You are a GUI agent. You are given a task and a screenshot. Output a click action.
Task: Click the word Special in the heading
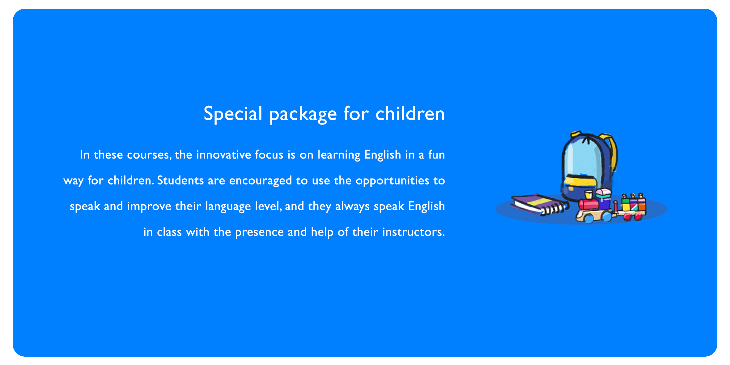point(233,114)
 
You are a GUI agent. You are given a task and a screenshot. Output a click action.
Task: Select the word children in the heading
point(410,113)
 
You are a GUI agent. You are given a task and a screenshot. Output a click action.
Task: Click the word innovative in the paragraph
point(223,155)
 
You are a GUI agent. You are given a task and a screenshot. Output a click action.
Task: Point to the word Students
point(180,180)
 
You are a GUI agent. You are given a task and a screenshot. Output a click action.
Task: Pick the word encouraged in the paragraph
point(261,181)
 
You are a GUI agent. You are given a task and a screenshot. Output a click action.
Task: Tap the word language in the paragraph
point(228,206)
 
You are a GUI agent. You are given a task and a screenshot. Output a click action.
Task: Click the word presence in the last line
point(259,233)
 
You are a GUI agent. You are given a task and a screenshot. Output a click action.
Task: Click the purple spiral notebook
point(540,204)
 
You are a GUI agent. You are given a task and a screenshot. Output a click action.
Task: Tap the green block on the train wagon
point(626,201)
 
